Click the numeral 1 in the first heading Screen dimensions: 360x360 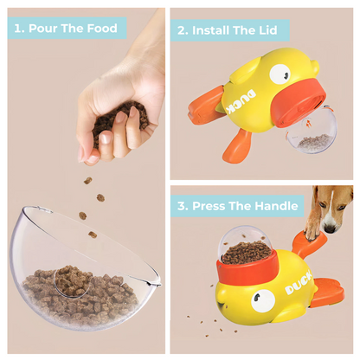[18, 28]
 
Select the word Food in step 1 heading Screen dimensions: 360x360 [101, 28]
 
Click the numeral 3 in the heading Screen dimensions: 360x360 [182, 206]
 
